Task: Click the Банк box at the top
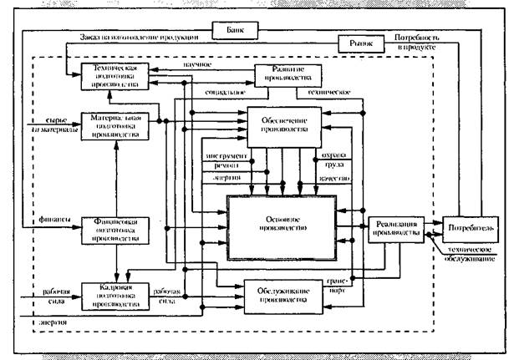coord(237,30)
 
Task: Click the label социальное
coord(216,98)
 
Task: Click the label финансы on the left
coord(51,220)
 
